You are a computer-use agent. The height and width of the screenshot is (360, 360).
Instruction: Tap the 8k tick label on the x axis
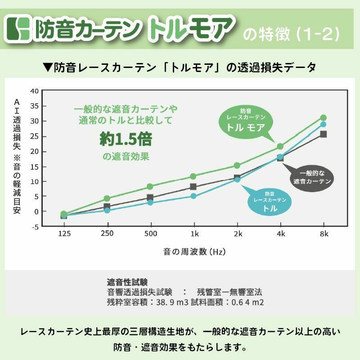[x=324, y=234]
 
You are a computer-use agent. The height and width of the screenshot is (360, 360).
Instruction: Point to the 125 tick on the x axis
[x=64, y=234]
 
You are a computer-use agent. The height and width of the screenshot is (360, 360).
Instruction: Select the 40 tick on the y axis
[x=35, y=90]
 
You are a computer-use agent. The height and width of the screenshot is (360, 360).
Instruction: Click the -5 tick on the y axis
[x=35, y=226]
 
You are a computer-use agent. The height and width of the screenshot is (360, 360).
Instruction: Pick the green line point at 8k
[x=323, y=118]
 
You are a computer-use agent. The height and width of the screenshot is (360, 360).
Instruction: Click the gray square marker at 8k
[x=323, y=134]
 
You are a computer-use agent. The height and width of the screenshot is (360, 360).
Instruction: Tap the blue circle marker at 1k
[x=193, y=196]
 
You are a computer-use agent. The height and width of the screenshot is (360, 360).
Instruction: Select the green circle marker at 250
[x=107, y=198]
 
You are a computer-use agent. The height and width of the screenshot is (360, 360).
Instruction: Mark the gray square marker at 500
[x=150, y=198]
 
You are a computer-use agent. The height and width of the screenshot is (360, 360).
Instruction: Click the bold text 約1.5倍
[x=126, y=139]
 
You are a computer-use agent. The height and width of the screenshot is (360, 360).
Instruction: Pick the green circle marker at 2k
[x=237, y=166]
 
